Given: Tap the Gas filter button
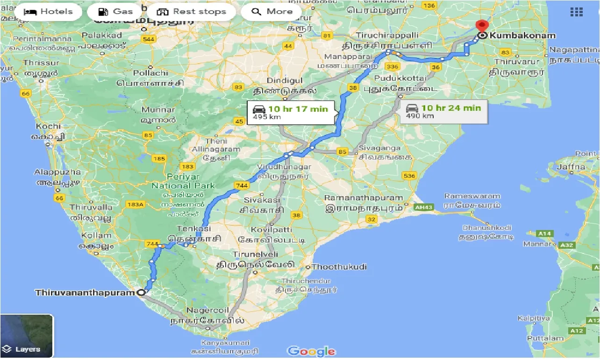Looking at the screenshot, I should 116,12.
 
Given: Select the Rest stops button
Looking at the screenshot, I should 192,12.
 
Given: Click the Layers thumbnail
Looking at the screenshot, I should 27,336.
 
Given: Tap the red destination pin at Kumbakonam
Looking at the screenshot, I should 481,26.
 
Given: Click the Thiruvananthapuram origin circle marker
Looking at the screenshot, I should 141,293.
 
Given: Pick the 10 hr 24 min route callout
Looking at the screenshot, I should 443,112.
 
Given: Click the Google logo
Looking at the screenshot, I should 311,352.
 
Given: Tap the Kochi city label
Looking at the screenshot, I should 48,126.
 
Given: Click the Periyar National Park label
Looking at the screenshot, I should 183,181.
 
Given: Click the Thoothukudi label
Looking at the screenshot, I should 339,267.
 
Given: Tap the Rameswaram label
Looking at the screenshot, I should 472,196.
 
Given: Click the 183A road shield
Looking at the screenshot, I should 136,204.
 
